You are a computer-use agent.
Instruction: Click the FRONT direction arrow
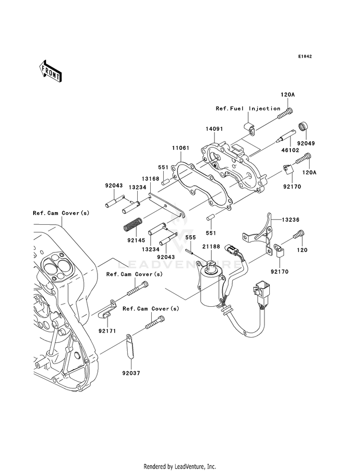(50, 71)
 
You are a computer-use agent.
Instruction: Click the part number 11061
(181, 148)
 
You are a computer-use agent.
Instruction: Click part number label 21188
(211, 247)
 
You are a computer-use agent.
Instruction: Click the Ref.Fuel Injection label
(248, 109)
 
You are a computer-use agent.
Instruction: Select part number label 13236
(290, 219)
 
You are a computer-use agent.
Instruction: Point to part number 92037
(131, 373)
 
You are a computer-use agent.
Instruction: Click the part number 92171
(107, 331)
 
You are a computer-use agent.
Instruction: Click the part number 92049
(306, 143)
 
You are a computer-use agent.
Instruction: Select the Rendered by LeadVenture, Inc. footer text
(180, 467)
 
